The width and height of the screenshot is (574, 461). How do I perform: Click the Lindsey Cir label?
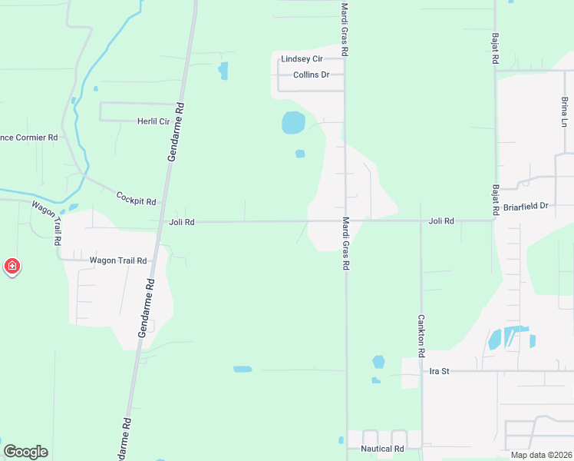[x=302, y=58]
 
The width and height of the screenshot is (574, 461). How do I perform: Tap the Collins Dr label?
[x=311, y=75]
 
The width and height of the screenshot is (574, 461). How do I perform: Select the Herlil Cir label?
[x=153, y=121]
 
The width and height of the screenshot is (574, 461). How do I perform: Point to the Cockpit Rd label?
[x=136, y=198]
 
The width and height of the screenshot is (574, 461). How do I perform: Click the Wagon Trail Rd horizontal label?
[x=117, y=260]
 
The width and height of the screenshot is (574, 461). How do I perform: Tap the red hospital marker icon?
[x=12, y=267]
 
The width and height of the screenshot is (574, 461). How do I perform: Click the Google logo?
[x=25, y=452]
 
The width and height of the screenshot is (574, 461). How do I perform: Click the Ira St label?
[x=439, y=371]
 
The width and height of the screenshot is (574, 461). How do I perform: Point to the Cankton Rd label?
[x=421, y=335]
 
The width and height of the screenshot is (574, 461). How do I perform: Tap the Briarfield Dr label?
[x=526, y=206]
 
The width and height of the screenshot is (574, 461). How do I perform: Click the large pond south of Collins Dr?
[x=293, y=122]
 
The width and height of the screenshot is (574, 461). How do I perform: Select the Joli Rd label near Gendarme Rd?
[x=181, y=222]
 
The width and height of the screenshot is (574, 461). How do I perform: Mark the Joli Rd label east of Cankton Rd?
[x=441, y=221]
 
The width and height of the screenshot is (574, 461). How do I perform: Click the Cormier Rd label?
[x=28, y=138]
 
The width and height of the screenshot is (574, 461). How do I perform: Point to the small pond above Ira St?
[x=378, y=361]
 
